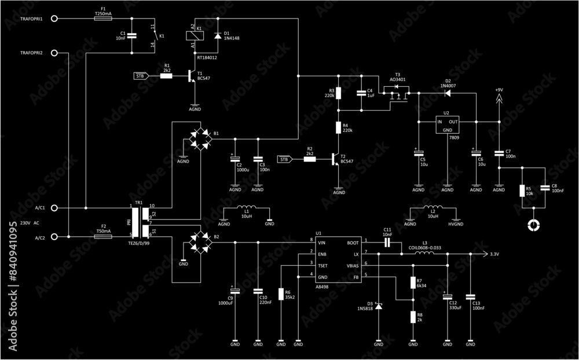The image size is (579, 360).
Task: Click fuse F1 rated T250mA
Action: click(x=103, y=19)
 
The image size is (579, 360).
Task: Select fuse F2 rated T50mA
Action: click(x=103, y=237)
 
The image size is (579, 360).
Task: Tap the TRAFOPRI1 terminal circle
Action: click(x=54, y=19)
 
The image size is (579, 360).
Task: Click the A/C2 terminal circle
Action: click(x=54, y=237)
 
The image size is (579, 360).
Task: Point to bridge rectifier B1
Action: click(x=200, y=139)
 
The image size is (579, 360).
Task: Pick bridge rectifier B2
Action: click(x=200, y=243)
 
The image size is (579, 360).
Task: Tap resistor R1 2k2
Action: click(x=166, y=75)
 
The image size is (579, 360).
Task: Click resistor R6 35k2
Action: click(x=281, y=295)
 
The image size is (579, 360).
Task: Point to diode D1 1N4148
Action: click(x=218, y=36)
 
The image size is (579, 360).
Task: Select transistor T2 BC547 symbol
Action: click(x=336, y=159)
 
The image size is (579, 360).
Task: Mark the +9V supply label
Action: click(x=499, y=90)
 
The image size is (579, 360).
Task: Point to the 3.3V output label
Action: click(x=494, y=254)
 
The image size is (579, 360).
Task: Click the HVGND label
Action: click(x=456, y=224)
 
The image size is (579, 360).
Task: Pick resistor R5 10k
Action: click(x=522, y=191)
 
